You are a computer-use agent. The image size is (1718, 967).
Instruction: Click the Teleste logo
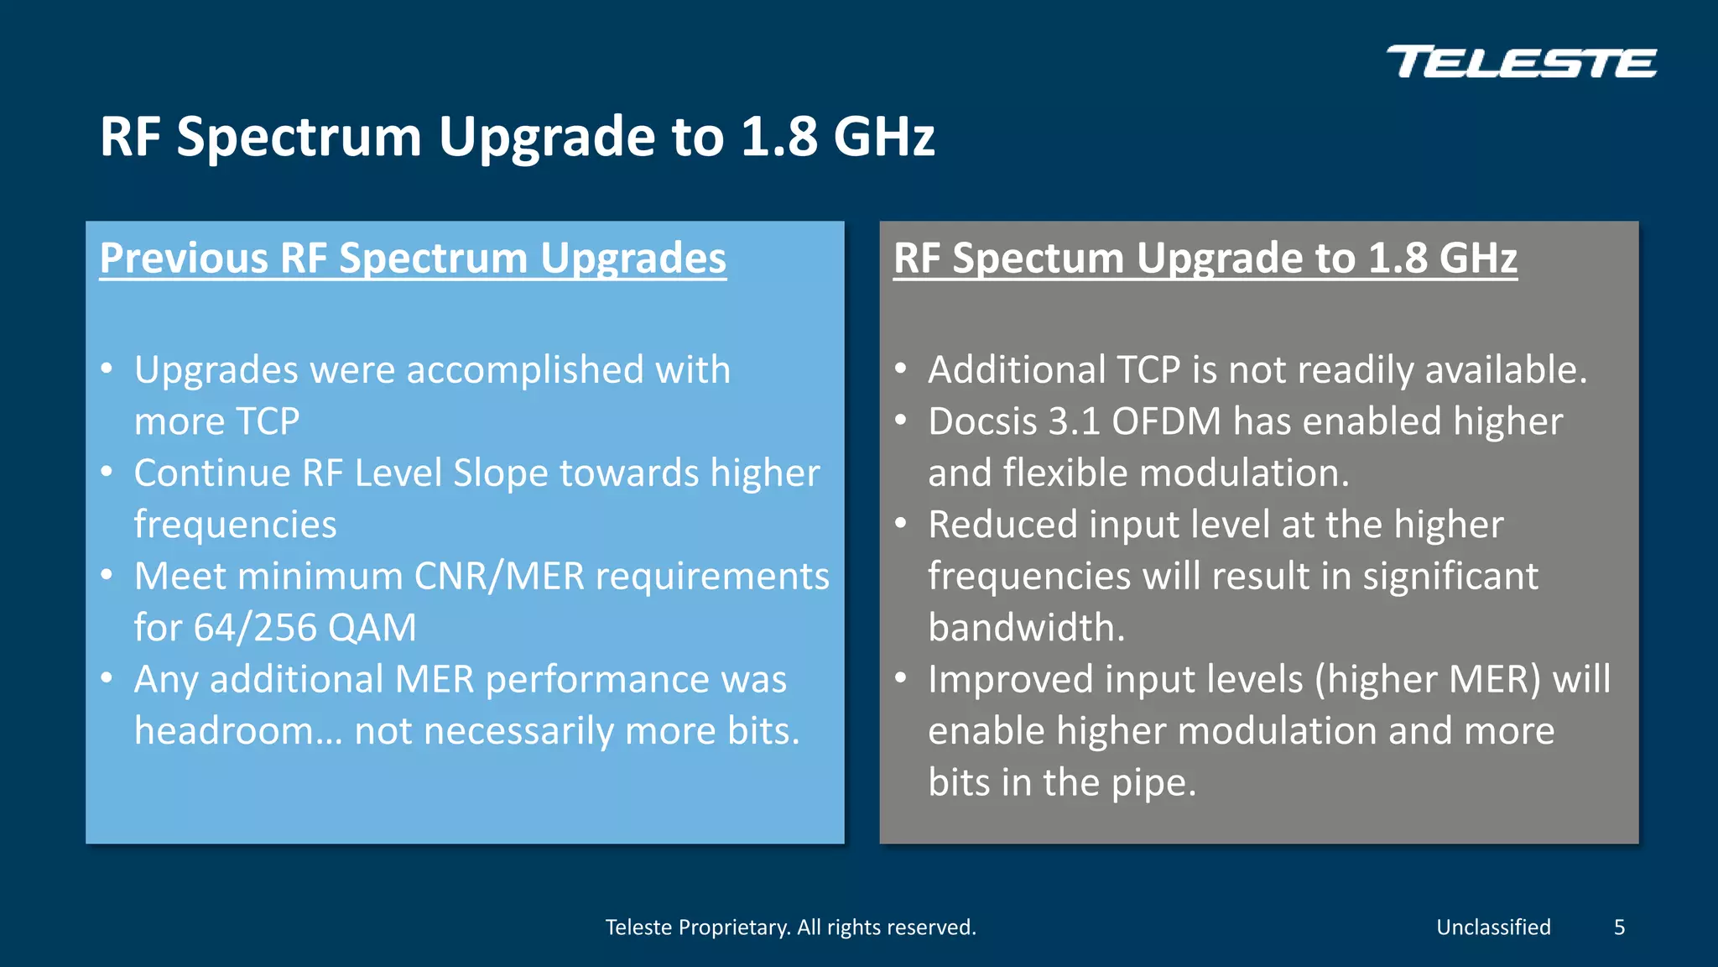point(1522,63)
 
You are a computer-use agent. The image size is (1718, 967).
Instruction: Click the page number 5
point(1619,928)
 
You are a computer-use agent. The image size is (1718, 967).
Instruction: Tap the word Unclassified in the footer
point(1493,928)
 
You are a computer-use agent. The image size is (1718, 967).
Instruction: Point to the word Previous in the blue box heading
point(184,258)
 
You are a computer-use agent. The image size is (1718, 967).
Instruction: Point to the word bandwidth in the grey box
point(1026,628)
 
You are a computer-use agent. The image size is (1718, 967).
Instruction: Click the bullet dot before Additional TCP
point(901,369)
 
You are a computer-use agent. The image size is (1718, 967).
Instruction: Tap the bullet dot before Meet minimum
point(107,575)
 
